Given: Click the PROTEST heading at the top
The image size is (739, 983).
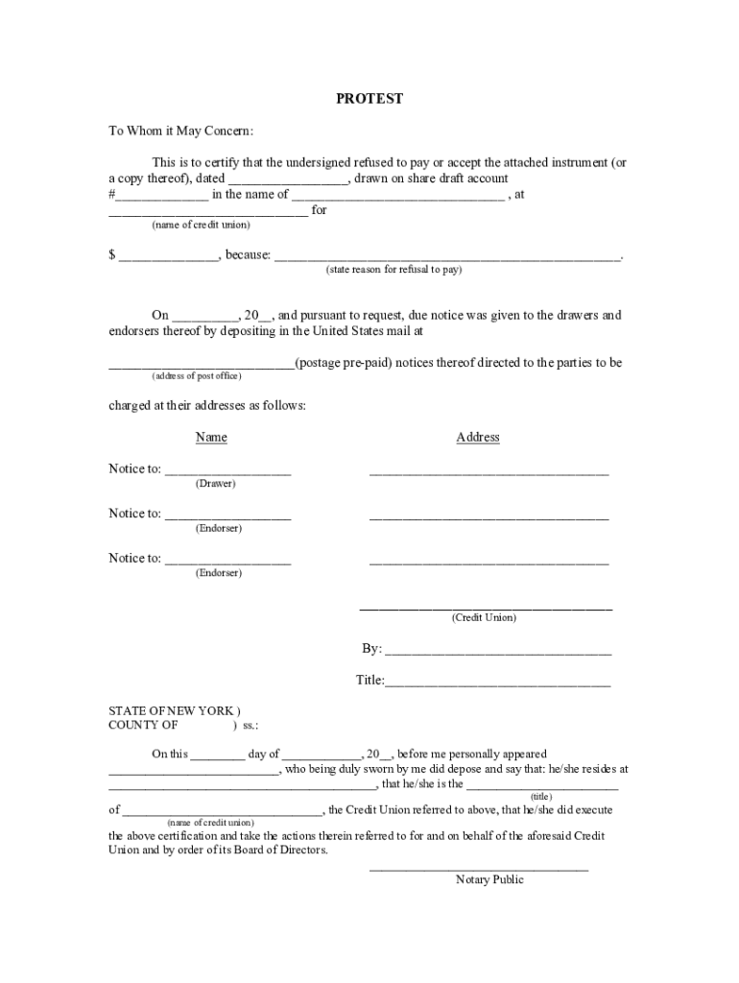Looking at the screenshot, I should click(x=369, y=99).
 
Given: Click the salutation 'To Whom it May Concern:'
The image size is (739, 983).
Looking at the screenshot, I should click(x=180, y=132).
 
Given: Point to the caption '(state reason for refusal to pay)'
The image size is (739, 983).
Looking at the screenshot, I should click(x=393, y=270).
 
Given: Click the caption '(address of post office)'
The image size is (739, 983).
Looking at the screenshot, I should click(x=197, y=375).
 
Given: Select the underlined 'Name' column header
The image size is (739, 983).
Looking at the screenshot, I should click(x=211, y=438).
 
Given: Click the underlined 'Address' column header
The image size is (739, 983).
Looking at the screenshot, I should click(x=478, y=438).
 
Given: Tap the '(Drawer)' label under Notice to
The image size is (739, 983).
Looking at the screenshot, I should click(x=215, y=484).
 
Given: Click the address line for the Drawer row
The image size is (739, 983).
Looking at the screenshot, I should click(x=489, y=472).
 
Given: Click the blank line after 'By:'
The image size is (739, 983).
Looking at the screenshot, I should click(x=497, y=653).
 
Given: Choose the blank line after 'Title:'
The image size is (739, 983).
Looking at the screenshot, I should click(x=497, y=684).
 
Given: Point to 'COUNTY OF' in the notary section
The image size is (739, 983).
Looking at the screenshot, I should click(x=143, y=726).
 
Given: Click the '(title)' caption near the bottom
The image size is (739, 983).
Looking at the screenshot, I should click(x=541, y=797).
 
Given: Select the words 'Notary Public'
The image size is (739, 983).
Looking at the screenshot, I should click(x=489, y=880).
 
